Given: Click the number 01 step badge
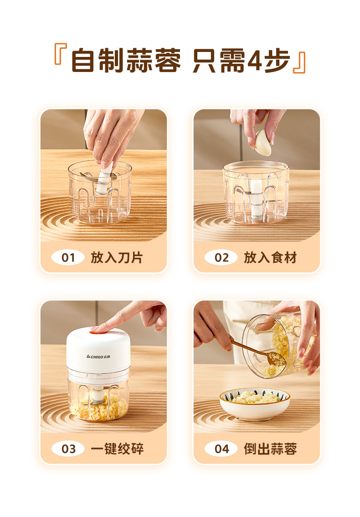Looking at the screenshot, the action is pos(68,257).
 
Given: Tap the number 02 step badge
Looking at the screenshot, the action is pos(221,257).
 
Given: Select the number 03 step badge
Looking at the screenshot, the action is pos(68,449).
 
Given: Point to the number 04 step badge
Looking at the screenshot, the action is pos(221,449).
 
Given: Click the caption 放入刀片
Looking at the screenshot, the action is pos(117,257).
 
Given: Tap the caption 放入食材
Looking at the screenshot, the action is pos(270,257).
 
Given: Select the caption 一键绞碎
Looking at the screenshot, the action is pos(117,449).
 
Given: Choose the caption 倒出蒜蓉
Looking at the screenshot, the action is pos(270,449).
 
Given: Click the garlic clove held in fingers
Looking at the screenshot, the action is pos(262,143).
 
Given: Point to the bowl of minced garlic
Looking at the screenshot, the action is pos(255,404).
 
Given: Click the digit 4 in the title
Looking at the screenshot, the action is pos(254,60).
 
